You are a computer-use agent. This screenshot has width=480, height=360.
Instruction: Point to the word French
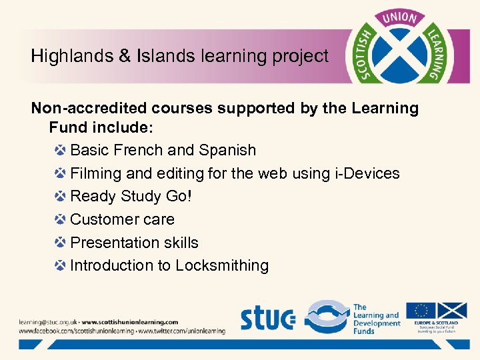point(142,150)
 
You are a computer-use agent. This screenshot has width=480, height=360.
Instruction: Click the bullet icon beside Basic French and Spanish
point(60,150)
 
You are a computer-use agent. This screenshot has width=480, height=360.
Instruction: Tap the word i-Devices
point(366,173)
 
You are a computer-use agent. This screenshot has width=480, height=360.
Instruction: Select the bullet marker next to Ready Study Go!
point(60,197)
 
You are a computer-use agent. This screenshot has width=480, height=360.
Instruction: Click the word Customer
point(102,219)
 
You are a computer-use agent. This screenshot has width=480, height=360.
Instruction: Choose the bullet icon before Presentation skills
point(60,243)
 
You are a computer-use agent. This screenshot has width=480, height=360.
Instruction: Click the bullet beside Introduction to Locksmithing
point(60,265)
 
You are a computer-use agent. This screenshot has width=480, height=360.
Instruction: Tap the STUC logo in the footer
point(267,319)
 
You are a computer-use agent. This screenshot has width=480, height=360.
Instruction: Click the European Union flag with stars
point(421,310)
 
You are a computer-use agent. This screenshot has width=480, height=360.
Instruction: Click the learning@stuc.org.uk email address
point(47,321)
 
